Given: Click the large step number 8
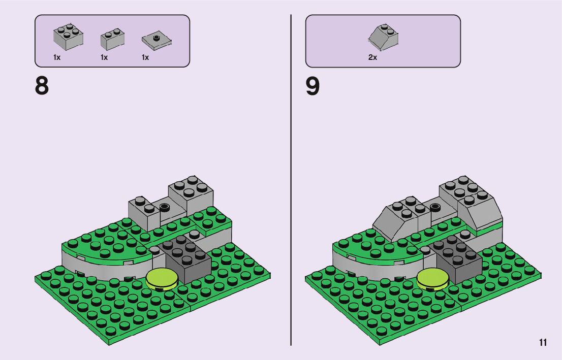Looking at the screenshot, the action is click(x=42, y=86).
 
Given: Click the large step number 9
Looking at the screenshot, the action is click(x=313, y=86).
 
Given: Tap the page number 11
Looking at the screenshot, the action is click(x=543, y=343).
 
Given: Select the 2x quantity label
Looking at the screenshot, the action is click(x=372, y=57).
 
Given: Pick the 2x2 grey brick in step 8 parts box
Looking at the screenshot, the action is click(x=68, y=37).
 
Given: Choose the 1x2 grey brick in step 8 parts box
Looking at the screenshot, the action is click(x=113, y=39).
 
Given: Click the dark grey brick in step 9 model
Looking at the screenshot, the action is click(x=457, y=259).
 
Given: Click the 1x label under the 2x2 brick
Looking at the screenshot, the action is click(x=57, y=57).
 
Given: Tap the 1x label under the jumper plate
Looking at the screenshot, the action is click(x=145, y=57).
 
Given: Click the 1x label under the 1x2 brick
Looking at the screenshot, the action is click(x=104, y=57).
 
